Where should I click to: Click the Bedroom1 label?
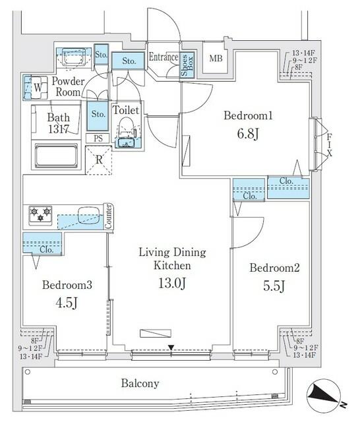coord(248,116)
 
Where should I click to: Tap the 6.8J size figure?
coord(248,134)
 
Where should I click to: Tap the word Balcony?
coord(140,383)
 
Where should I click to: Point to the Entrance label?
coord(163,57)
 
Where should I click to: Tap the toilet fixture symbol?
coord(126,132)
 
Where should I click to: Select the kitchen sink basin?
coord(86,216)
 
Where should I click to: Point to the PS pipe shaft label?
coord(98,138)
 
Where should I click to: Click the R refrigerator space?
coord(98,159)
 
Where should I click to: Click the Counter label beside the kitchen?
coord(109,217)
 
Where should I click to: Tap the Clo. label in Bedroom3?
coord(46,250)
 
